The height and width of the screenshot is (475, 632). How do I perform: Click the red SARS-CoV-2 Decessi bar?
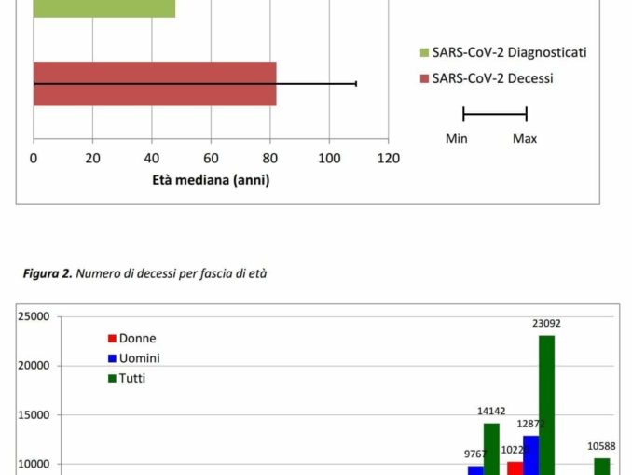155,84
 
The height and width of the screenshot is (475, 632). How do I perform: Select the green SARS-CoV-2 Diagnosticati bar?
104,8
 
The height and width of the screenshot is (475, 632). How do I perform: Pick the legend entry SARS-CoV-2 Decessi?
492,78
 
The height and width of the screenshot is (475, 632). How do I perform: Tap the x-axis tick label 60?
212,159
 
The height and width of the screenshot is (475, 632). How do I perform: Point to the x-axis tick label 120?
388,159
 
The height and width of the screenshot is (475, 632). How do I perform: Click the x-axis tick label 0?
34,159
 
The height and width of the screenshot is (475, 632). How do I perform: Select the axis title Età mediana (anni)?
211,180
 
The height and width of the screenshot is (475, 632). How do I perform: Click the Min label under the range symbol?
457,139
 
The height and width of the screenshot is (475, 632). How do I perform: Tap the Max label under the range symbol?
525,139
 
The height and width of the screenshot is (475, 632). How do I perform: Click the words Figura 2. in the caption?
48,273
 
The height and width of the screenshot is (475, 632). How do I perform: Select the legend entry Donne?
137,339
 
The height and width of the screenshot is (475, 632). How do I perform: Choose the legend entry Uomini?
139,358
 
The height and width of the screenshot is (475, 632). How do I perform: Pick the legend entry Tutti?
131,378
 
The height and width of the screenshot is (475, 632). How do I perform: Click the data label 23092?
546,324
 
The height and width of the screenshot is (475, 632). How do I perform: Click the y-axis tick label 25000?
34,316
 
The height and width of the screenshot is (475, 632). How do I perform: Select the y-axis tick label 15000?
34,414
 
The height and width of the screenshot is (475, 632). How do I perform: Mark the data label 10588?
602,446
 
